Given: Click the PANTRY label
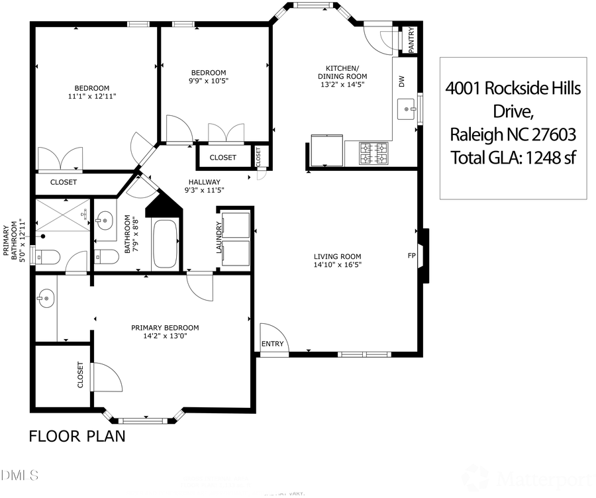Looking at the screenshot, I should pyautogui.click(x=411, y=39).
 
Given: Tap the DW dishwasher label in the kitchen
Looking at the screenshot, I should pyautogui.click(x=401, y=81).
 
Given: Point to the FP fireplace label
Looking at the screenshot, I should pyautogui.click(x=411, y=255).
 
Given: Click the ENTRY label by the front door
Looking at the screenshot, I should pyautogui.click(x=272, y=344).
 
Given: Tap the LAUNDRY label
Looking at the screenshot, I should pyautogui.click(x=218, y=238).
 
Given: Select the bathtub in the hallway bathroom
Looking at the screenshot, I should pyautogui.click(x=164, y=244).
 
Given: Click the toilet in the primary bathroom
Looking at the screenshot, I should pyautogui.click(x=48, y=256).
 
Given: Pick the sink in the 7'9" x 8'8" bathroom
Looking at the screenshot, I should pyautogui.click(x=105, y=222).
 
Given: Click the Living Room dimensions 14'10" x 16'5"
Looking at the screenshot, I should pyautogui.click(x=338, y=265).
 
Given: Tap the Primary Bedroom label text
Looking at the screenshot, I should pyautogui.click(x=165, y=328).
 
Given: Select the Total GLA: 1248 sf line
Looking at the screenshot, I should pyautogui.click(x=513, y=158).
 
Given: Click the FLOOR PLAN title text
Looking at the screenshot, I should pyautogui.click(x=77, y=436).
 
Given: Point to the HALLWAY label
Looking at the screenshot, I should pyautogui.click(x=204, y=182).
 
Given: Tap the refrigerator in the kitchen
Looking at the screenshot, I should pyautogui.click(x=326, y=151).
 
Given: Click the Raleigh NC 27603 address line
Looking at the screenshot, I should pyautogui.click(x=513, y=135).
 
